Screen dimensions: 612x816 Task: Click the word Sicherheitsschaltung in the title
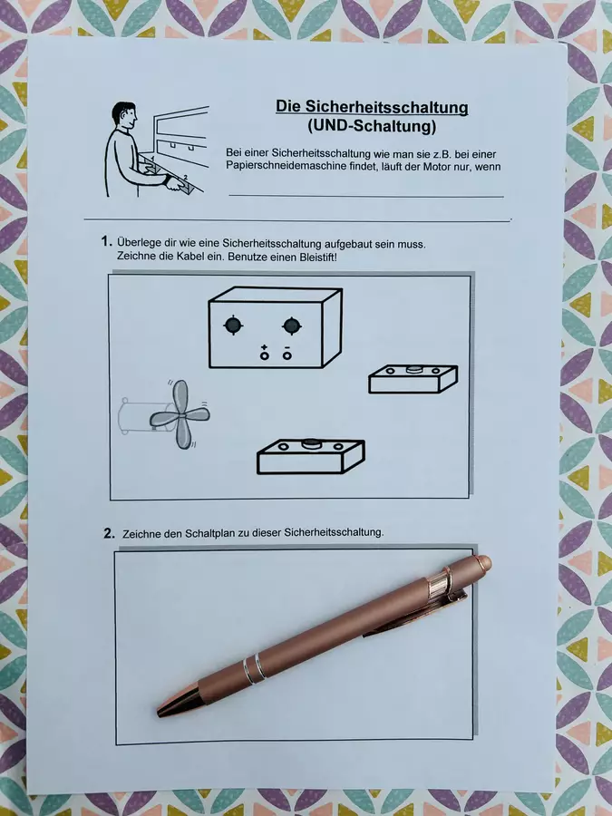(x=386, y=107)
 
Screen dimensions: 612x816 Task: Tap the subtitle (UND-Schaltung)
(x=372, y=126)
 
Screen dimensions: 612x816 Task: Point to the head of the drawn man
(x=125, y=115)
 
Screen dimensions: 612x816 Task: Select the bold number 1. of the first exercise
(x=107, y=241)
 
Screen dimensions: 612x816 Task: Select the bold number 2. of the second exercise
(x=110, y=533)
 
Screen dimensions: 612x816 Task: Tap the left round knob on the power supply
(x=233, y=325)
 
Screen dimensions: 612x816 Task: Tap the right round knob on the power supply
(x=292, y=325)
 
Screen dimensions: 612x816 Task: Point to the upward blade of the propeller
(x=180, y=395)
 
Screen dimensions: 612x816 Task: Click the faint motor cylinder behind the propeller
(x=135, y=415)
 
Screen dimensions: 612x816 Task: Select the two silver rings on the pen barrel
(x=254, y=668)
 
